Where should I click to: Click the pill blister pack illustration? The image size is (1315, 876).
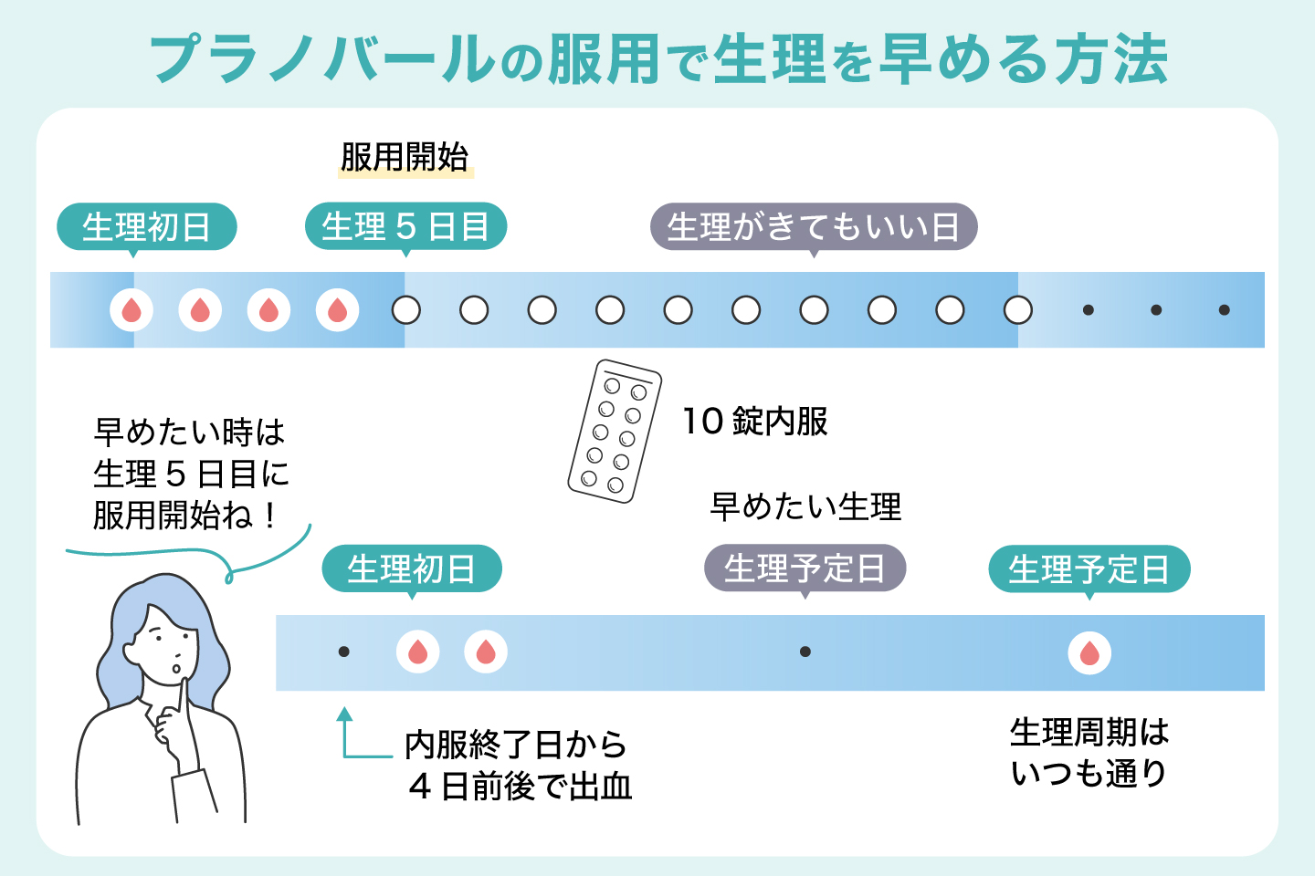pyautogui.click(x=615, y=431)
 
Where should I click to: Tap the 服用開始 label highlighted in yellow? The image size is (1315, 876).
pyautogui.click(x=405, y=157)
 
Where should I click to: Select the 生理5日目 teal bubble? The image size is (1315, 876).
pyautogui.click(x=405, y=226)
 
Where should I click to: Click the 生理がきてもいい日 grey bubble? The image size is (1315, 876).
pyautogui.click(x=813, y=226)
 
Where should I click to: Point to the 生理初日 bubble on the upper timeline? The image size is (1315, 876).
pyautogui.click(x=146, y=226)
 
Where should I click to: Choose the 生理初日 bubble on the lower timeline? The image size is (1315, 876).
pyautogui.click(x=411, y=568)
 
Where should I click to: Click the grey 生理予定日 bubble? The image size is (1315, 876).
pyautogui.click(x=805, y=568)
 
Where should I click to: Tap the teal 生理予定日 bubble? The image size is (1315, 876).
pyautogui.click(x=1089, y=568)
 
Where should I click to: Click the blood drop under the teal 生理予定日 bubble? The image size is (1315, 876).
pyautogui.click(x=1089, y=653)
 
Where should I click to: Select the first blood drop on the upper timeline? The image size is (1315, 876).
pyautogui.click(x=131, y=310)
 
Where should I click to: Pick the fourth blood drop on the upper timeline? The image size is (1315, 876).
pyautogui.click(x=337, y=310)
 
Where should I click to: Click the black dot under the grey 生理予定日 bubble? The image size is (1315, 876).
pyautogui.click(x=805, y=652)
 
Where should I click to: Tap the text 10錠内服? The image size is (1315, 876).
pyautogui.click(x=755, y=422)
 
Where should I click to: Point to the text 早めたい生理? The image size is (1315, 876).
pyautogui.click(x=805, y=506)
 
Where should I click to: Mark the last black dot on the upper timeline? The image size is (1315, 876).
pyautogui.click(x=1224, y=310)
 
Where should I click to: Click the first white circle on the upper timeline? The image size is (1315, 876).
pyautogui.click(x=405, y=310)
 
